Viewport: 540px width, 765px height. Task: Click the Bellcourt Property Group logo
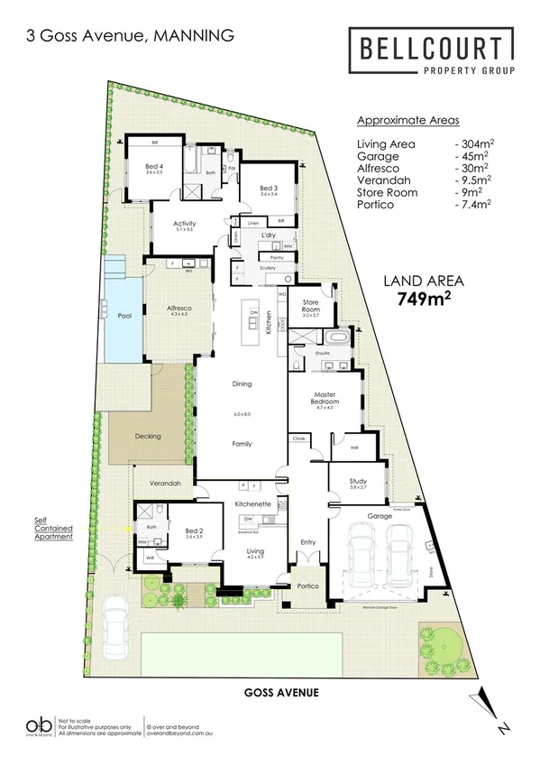(431, 53)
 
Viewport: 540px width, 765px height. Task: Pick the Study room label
(358, 481)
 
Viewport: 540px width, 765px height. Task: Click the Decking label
(147, 436)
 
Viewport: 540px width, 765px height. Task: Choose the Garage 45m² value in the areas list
(471, 154)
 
